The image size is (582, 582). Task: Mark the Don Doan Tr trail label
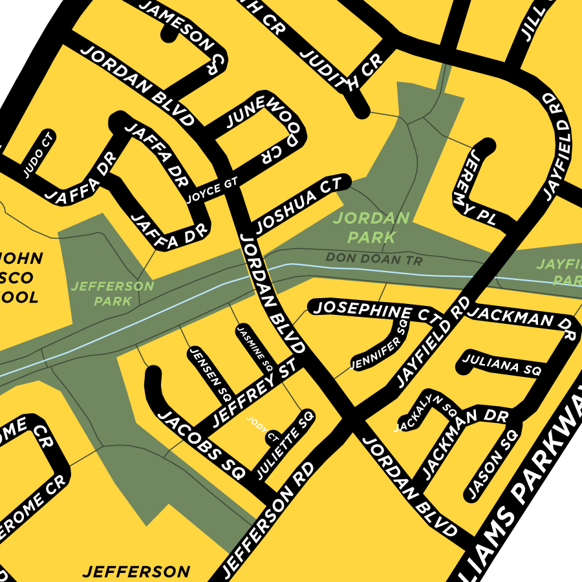tap(374, 259)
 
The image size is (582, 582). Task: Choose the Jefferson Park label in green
tap(113, 293)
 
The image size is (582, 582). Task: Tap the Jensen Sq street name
tap(210, 374)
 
